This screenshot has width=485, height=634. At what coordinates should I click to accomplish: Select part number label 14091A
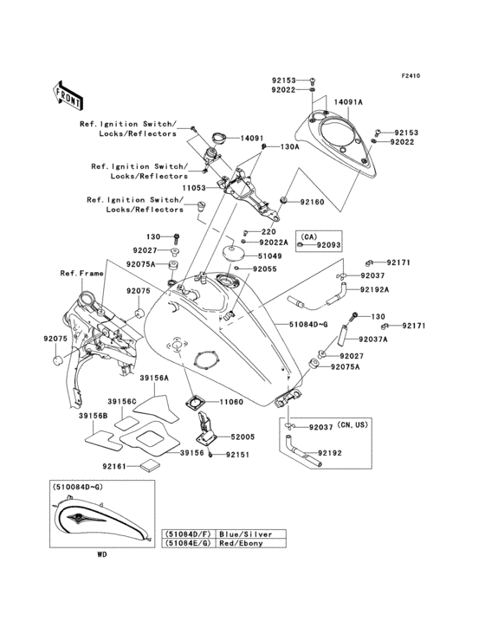348,101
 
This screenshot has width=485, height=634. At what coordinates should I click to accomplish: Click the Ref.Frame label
80,274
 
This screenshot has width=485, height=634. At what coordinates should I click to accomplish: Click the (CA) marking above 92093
309,235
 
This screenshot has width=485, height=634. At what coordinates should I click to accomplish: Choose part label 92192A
374,289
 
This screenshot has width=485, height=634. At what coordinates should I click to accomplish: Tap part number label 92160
312,202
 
